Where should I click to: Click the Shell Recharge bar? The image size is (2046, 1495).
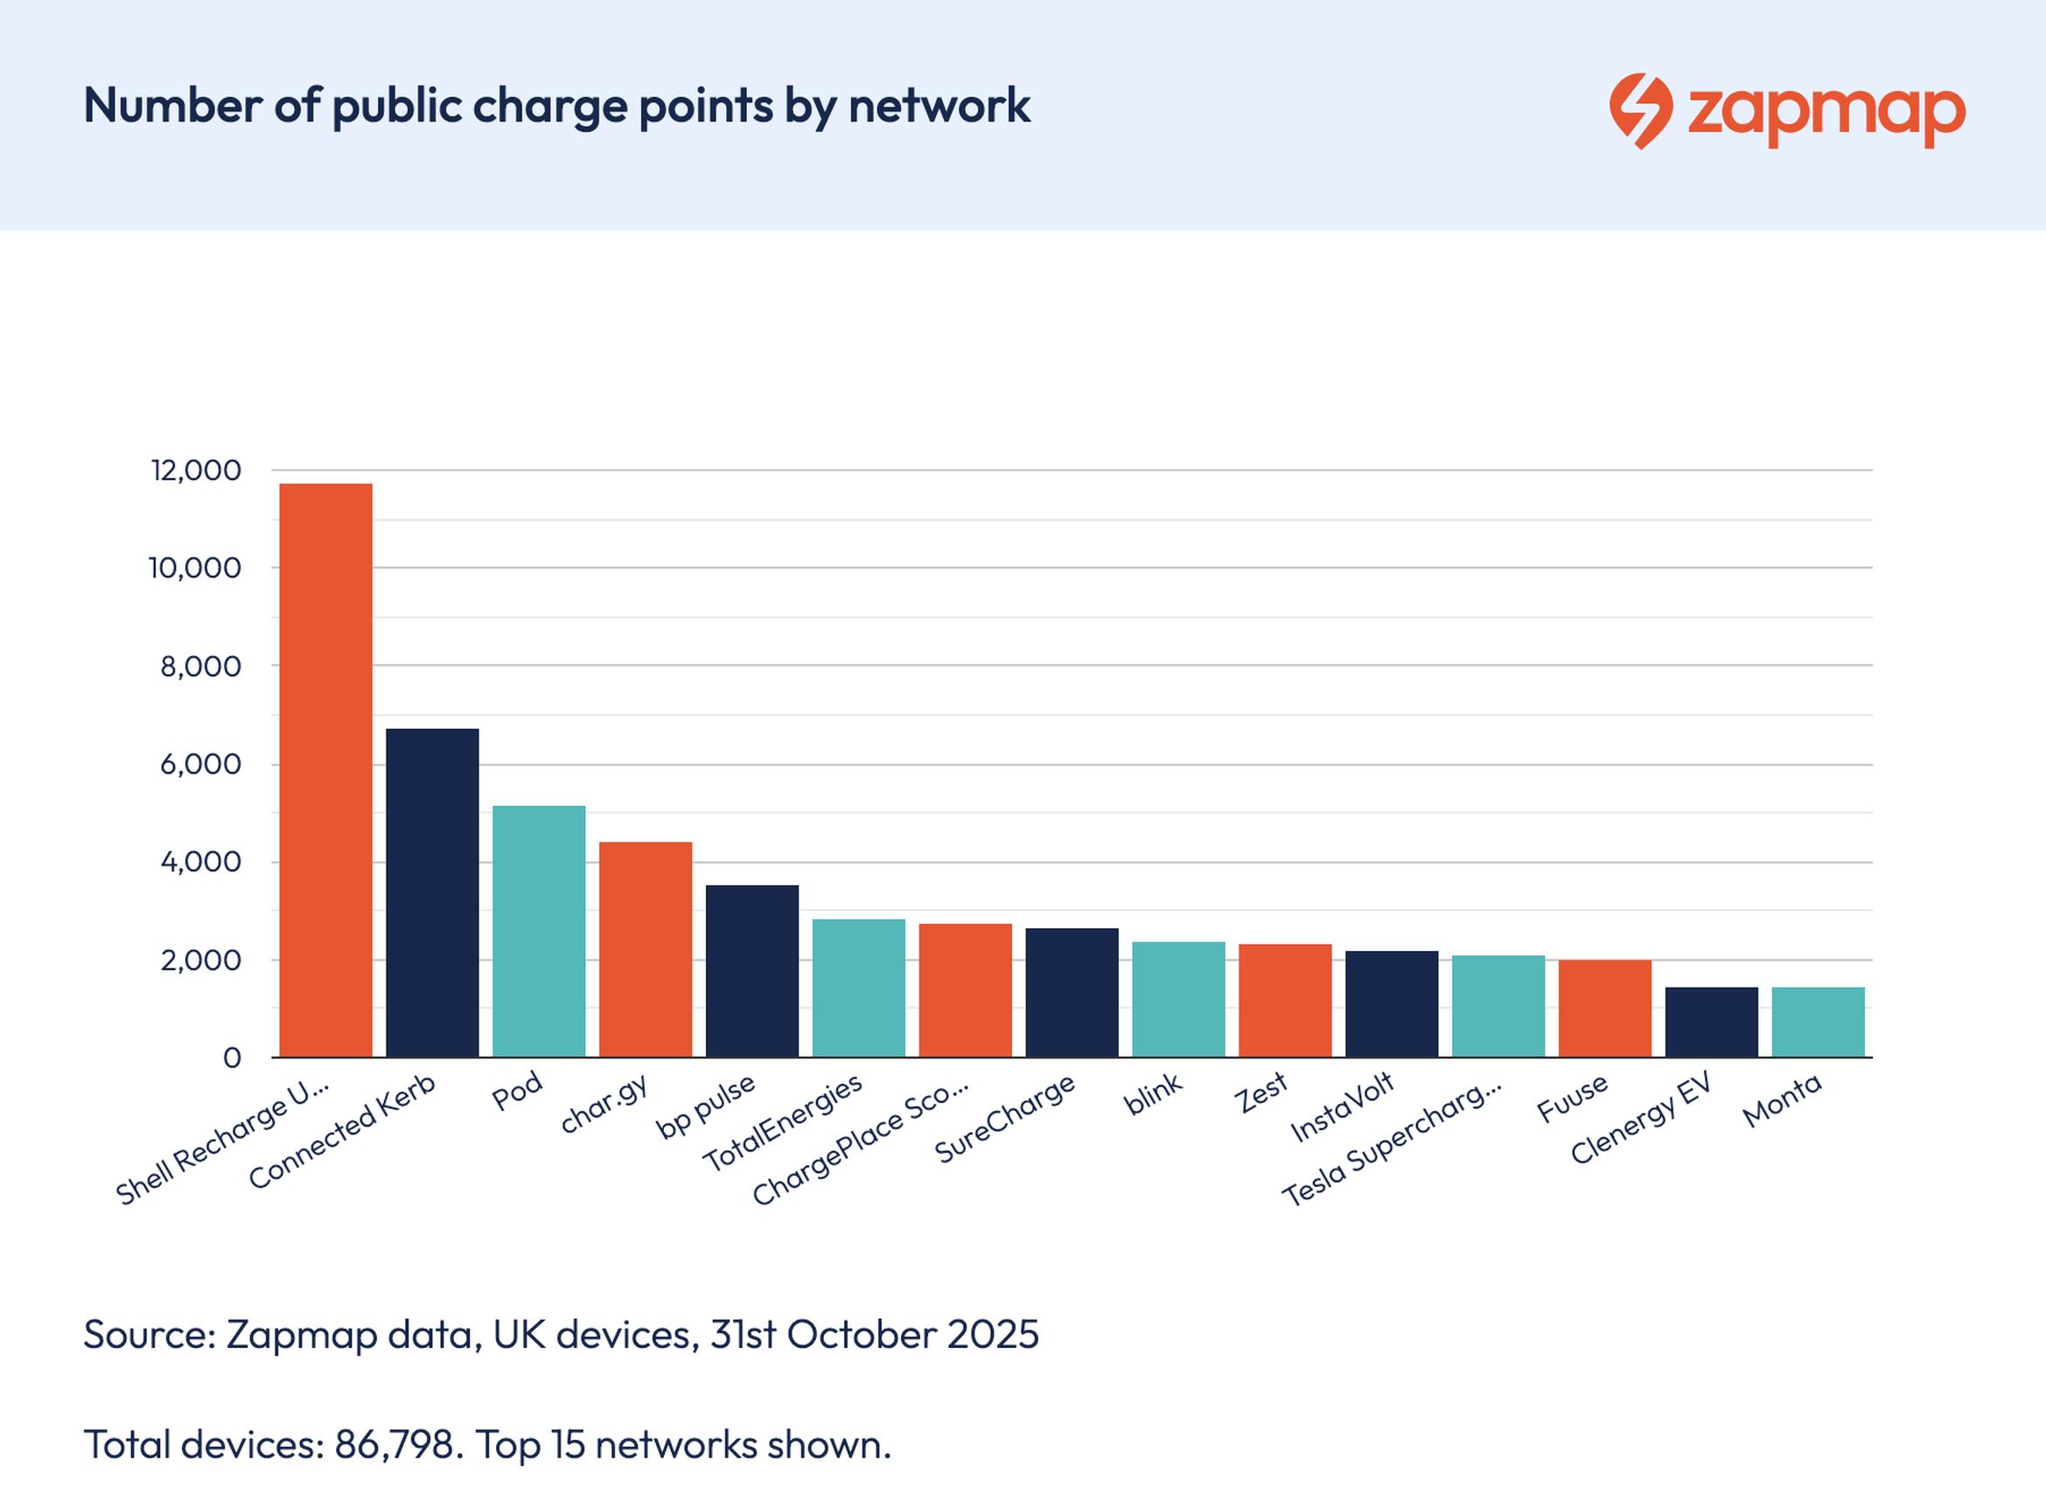tap(325, 770)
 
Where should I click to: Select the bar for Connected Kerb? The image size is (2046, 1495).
tap(431, 892)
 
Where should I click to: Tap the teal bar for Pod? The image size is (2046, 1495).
tap(539, 932)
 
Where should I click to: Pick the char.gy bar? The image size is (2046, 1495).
tap(646, 949)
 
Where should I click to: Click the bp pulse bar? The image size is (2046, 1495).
tap(752, 971)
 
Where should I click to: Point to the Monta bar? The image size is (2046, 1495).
tap(1818, 1022)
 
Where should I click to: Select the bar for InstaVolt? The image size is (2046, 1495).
tap(1392, 1003)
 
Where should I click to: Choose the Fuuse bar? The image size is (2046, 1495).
tap(1604, 1008)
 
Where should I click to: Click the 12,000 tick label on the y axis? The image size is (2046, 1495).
tap(196, 471)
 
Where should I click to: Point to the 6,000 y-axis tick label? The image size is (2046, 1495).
tap(201, 764)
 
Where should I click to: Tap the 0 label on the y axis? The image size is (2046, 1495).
tap(232, 1057)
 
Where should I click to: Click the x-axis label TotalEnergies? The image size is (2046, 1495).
tap(783, 1123)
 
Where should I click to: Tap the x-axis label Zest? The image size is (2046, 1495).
tap(1260, 1094)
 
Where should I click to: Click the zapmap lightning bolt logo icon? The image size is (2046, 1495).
tap(1640, 110)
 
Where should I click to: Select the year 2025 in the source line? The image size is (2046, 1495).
tap(993, 1334)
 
